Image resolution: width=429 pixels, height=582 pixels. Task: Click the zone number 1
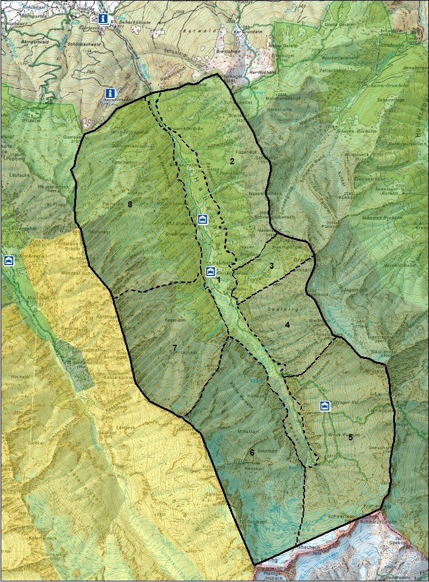pyautogui.click(x=218, y=280)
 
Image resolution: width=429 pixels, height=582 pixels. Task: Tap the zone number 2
pyautogui.click(x=232, y=161)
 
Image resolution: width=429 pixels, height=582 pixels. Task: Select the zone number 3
pyautogui.click(x=272, y=265)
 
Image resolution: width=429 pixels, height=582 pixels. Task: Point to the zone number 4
pyautogui.click(x=287, y=325)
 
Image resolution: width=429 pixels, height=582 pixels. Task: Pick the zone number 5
pyautogui.click(x=351, y=437)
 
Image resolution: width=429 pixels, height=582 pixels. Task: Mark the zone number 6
pyautogui.click(x=252, y=452)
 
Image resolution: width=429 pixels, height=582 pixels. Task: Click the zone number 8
pyautogui.click(x=130, y=204)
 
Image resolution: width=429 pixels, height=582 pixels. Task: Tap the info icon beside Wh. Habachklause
pyautogui.click(x=104, y=19)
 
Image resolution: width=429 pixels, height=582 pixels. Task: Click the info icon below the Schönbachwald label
pyautogui.click(x=109, y=93)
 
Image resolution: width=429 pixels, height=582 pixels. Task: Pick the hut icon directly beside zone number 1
pyautogui.click(x=210, y=271)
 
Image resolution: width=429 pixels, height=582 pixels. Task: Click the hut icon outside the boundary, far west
pyautogui.click(x=9, y=260)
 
